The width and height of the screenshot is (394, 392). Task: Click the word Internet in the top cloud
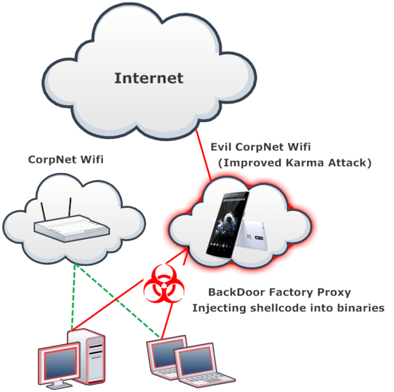148,78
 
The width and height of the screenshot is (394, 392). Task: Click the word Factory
291,292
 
